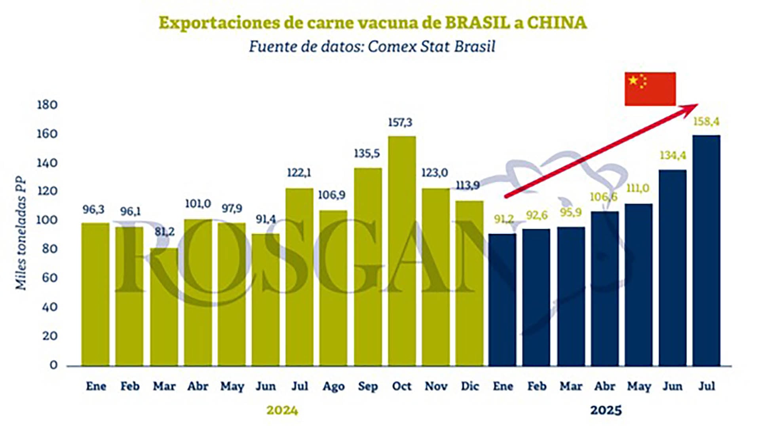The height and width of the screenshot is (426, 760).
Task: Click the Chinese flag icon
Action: click(x=650, y=89)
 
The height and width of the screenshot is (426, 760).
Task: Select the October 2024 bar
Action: click(x=402, y=251)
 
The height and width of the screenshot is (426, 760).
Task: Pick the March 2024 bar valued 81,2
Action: click(x=164, y=307)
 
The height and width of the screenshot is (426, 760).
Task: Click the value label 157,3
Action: click(x=400, y=123)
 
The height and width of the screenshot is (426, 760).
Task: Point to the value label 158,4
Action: click(x=706, y=121)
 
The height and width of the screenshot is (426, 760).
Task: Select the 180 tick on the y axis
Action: click(x=47, y=105)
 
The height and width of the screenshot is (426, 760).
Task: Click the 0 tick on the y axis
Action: click(x=53, y=365)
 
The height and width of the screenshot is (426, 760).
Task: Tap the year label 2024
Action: click(x=282, y=410)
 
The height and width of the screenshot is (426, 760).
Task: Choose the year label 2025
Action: click(x=606, y=410)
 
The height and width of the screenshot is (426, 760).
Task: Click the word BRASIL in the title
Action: click(x=477, y=23)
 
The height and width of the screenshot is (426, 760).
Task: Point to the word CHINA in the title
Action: click(x=557, y=23)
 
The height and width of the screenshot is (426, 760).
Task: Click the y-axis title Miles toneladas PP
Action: click(x=21, y=233)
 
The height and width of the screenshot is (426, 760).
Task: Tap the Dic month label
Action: click(x=470, y=386)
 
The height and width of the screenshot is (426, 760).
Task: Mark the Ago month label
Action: click(x=333, y=386)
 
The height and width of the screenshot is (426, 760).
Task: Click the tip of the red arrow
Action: click(x=697, y=104)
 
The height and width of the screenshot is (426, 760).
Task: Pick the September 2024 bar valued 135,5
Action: click(x=368, y=267)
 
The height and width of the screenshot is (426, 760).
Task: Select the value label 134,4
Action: click(x=673, y=155)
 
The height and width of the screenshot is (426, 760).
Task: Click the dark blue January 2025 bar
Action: click(x=502, y=299)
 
